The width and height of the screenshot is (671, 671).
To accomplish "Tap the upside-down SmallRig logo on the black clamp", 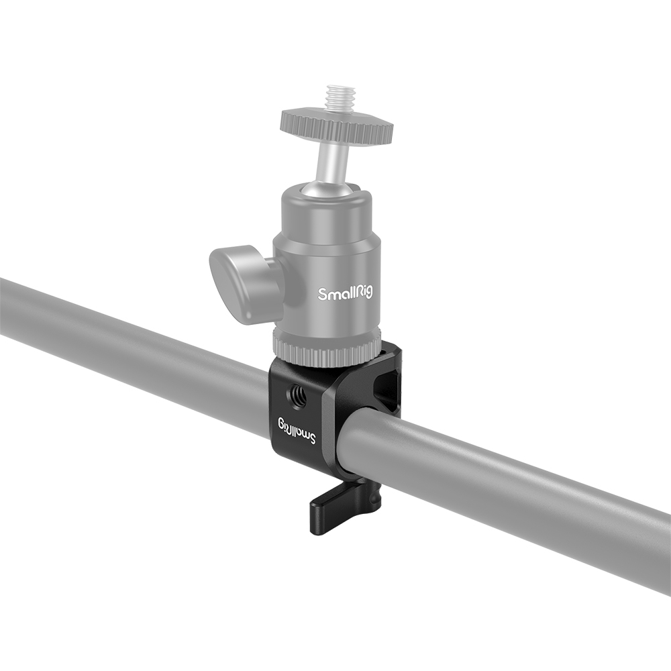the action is pyautogui.click(x=297, y=431).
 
